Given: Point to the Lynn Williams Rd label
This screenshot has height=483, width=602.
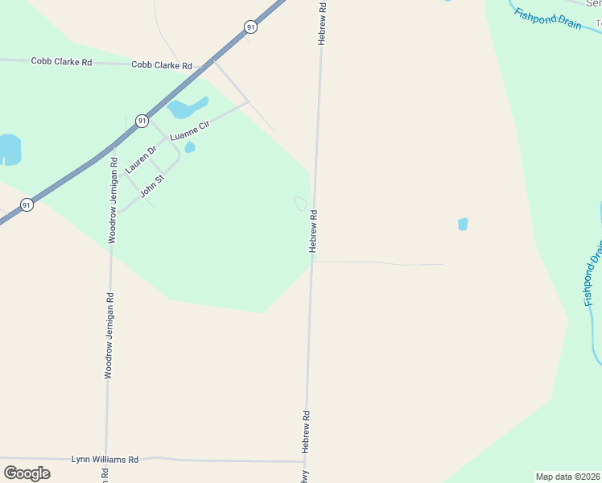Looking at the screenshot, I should pos(105,459).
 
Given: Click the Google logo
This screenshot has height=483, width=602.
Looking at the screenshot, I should pos(27,473).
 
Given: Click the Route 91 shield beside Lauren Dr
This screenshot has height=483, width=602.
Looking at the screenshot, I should pos(142,121).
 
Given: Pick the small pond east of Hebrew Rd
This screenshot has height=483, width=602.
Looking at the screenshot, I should pos(463,225).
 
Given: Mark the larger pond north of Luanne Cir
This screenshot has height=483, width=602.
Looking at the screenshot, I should pos(187,108).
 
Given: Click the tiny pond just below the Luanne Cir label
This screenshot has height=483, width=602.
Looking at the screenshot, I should pos(190,147).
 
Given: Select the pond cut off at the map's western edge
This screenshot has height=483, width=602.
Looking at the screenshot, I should pos(9,150).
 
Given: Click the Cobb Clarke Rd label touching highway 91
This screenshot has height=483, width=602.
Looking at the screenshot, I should pos(162,65).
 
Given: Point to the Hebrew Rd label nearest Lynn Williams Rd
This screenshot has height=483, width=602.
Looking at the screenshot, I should pos(306,431).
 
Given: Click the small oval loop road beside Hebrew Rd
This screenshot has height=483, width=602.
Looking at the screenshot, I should pos(301,204).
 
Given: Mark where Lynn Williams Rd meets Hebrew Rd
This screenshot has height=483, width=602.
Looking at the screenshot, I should pos(303,462).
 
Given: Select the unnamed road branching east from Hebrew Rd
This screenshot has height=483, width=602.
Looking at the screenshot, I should pos(378,262).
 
